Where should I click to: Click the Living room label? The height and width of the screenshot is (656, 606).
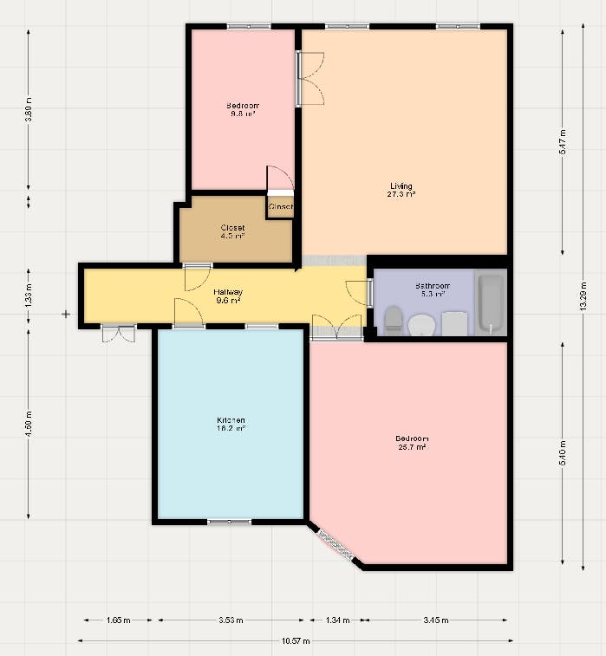coord(401,186)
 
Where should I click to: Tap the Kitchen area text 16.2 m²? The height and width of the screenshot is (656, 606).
coord(231,428)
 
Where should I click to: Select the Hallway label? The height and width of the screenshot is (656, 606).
coord(228,292)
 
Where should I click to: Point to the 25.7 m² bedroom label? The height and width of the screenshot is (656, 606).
coord(412,448)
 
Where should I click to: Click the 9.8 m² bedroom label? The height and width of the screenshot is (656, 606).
coord(243,114)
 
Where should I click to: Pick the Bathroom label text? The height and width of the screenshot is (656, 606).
coord(431,286)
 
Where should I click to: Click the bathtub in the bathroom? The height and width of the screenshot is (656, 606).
coord(491,303)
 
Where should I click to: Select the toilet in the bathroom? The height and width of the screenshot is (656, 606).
coord(393,320)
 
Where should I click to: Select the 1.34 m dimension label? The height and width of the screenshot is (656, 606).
coord(338,620)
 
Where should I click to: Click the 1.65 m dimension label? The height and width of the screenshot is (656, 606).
coord(118,620)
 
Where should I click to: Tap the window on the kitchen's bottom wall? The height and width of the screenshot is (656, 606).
coord(229,522)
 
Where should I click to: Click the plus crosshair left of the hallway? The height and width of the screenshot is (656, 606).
coord(66,314)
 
